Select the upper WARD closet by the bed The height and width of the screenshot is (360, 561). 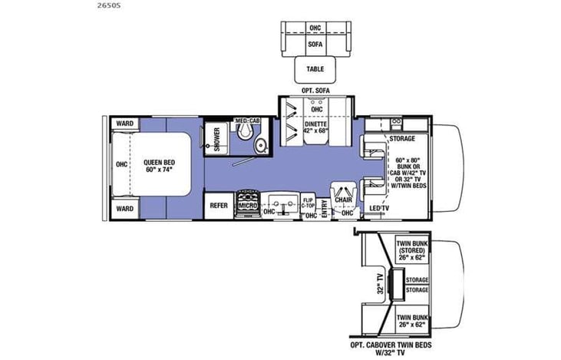124,124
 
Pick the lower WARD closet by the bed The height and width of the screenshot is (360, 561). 124,208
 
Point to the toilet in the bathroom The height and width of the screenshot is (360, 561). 244,133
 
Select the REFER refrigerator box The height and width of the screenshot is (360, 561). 218,205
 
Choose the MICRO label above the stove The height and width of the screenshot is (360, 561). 247,205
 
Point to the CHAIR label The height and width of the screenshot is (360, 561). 343,199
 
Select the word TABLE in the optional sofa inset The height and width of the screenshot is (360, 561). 315,69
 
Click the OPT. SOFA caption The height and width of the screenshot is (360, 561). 315,91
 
